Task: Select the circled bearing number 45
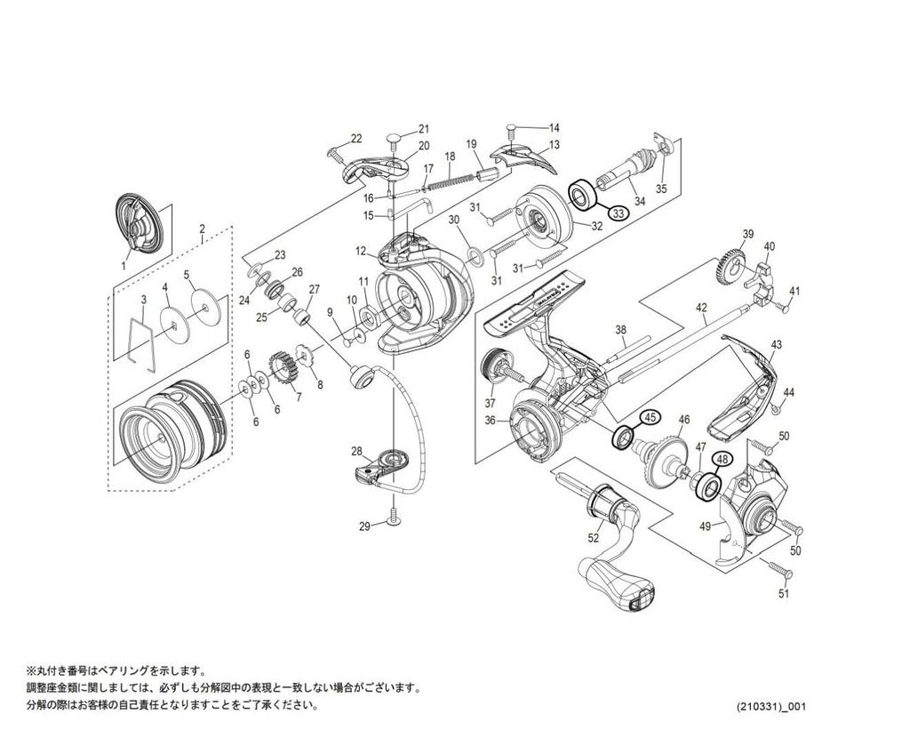(x=650, y=416)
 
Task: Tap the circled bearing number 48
(x=722, y=460)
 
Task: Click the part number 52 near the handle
(x=594, y=537)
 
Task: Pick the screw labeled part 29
(x=392, y=518)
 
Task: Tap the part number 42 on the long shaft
(x=701, y=308)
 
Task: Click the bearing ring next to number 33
(x=583, y=195)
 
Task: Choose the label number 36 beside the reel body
(x=490, y=421)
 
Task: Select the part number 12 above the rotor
(x=361, y=251)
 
